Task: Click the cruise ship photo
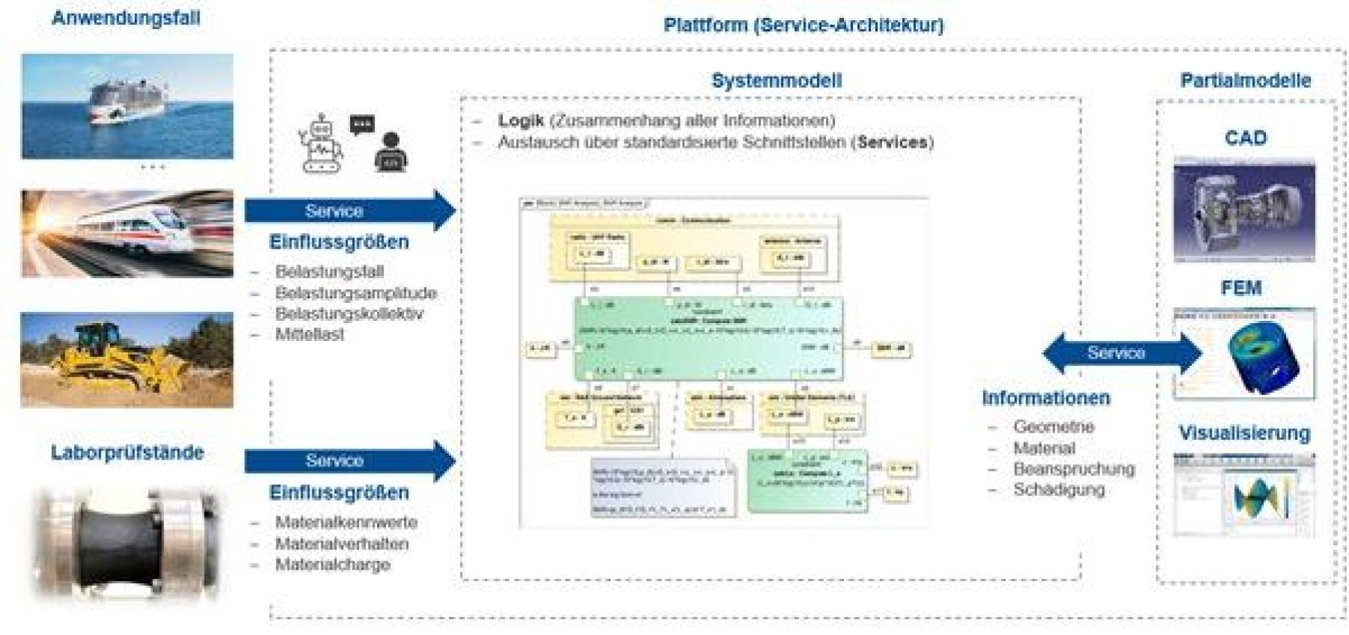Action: [x=127, y=106]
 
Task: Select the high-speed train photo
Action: [x=127, y=233]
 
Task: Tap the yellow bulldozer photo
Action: [x=127, y=360]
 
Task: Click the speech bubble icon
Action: [x=362, y=124]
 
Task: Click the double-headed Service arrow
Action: [x=1122, y=353]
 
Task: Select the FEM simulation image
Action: [x=1244, y=353]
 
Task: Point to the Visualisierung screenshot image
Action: [x=1244, y=496]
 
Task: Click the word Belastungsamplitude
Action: [x=355, y=293]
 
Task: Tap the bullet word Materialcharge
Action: [x=333, y=565]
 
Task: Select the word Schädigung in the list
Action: [x=1059, y=490]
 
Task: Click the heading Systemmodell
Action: [x=776, y=80]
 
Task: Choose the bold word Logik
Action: [x=521, y=121]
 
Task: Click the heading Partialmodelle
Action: [x=1246, y=80]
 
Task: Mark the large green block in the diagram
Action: [x=708, y=338]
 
